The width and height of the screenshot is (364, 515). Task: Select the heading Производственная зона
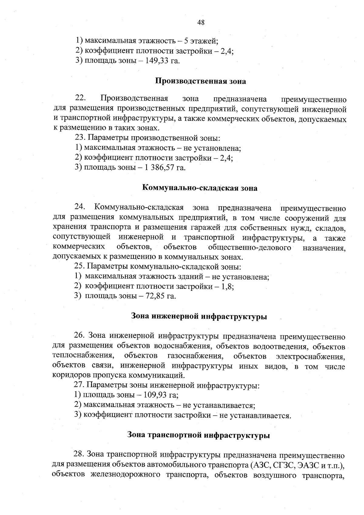click(x=201, y=81)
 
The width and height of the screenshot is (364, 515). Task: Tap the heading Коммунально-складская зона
click(x=200, y=188)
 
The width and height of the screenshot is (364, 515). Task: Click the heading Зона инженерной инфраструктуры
click(x=199, y=317)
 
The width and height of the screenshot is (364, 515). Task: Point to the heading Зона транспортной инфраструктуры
click(x=199, y=435)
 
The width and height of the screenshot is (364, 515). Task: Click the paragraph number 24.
click(x=81, y=208)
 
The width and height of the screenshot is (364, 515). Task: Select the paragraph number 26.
click(x=79, y=336)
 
